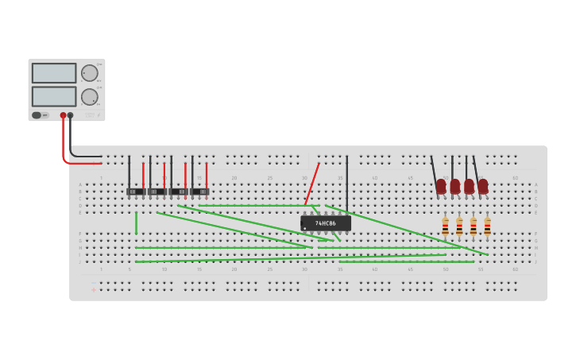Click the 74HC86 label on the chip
click(x=326, y=223)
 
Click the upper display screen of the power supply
click(x=54, y=73)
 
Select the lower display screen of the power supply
click(x=54, y=96)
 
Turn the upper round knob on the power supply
click(x=90, y=73)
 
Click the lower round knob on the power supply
click(x=90, y=97)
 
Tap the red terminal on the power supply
click(x=64, y=115)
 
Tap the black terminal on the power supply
click(x=71, y=115)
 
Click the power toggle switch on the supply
click(x=37, y=115)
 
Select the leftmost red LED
click(x=441, y=187)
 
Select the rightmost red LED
click(x=483, y=187)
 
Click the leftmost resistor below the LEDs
click(x=445, y=226)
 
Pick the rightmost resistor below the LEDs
click(x=487, y=226)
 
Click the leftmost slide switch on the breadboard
click(x=136, y=192)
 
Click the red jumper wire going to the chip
click(x=311, y=184)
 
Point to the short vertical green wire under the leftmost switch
click(x=136, y=223)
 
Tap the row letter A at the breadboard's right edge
click(x=535, y=184)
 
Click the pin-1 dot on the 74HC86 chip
click(x=305, y=229)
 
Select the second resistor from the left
click(x=459, y=226)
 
